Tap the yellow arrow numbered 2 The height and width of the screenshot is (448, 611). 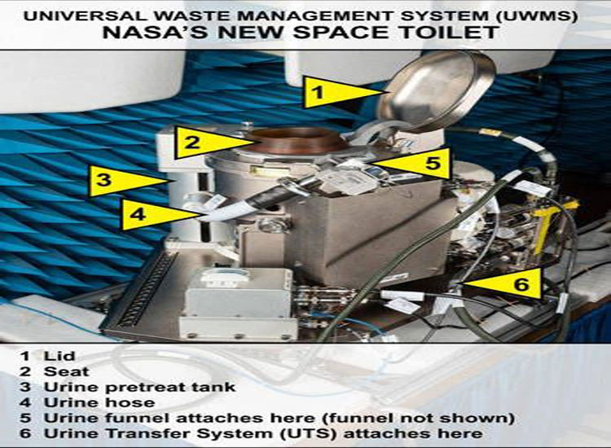210,143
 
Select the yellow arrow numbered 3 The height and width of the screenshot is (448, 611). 125,180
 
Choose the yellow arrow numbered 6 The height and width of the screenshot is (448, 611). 503,283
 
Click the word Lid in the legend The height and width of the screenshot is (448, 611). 59,356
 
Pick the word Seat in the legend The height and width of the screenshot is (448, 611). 66,371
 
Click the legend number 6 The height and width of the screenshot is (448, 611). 25,433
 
